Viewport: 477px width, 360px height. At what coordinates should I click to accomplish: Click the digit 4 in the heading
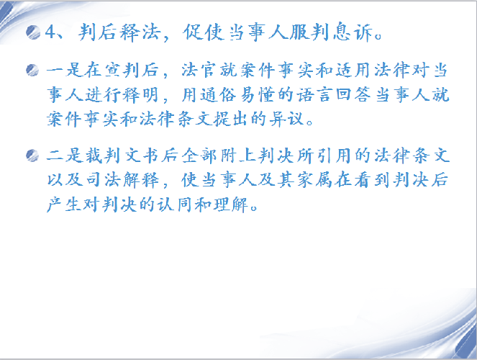(50, 32)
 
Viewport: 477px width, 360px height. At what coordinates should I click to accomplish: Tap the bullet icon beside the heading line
(33, 32)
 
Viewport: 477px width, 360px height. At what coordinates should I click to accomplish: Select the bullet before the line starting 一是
(32, 71)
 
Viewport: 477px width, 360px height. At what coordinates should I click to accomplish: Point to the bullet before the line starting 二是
(32, 156)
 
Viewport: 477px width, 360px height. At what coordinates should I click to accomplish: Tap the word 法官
(199, 71)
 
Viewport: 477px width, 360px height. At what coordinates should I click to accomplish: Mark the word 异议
(287, 119)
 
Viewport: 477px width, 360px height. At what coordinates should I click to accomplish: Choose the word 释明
(141, 94)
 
